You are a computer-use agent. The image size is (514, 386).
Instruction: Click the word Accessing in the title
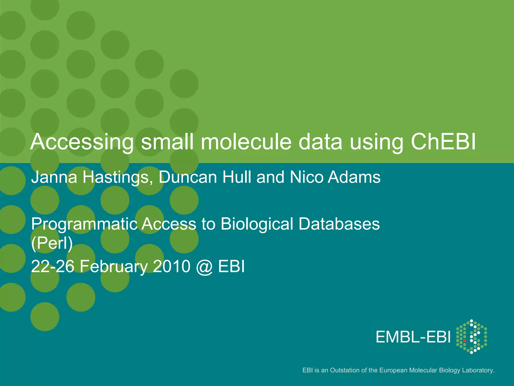82,142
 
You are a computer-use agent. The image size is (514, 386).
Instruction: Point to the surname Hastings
118,177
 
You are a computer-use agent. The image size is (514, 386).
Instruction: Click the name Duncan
188,177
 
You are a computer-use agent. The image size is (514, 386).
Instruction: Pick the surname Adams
354,177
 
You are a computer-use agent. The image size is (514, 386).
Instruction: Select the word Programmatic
84,224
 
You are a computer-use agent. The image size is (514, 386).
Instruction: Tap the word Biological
257,224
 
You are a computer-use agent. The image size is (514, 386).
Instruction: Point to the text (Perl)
52,243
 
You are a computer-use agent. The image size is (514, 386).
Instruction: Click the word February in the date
114,267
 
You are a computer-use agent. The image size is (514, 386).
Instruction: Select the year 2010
172,266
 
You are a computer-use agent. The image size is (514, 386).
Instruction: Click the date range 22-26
53,266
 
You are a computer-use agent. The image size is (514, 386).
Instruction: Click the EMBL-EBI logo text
413,337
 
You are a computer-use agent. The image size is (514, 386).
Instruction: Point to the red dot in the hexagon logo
465,341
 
